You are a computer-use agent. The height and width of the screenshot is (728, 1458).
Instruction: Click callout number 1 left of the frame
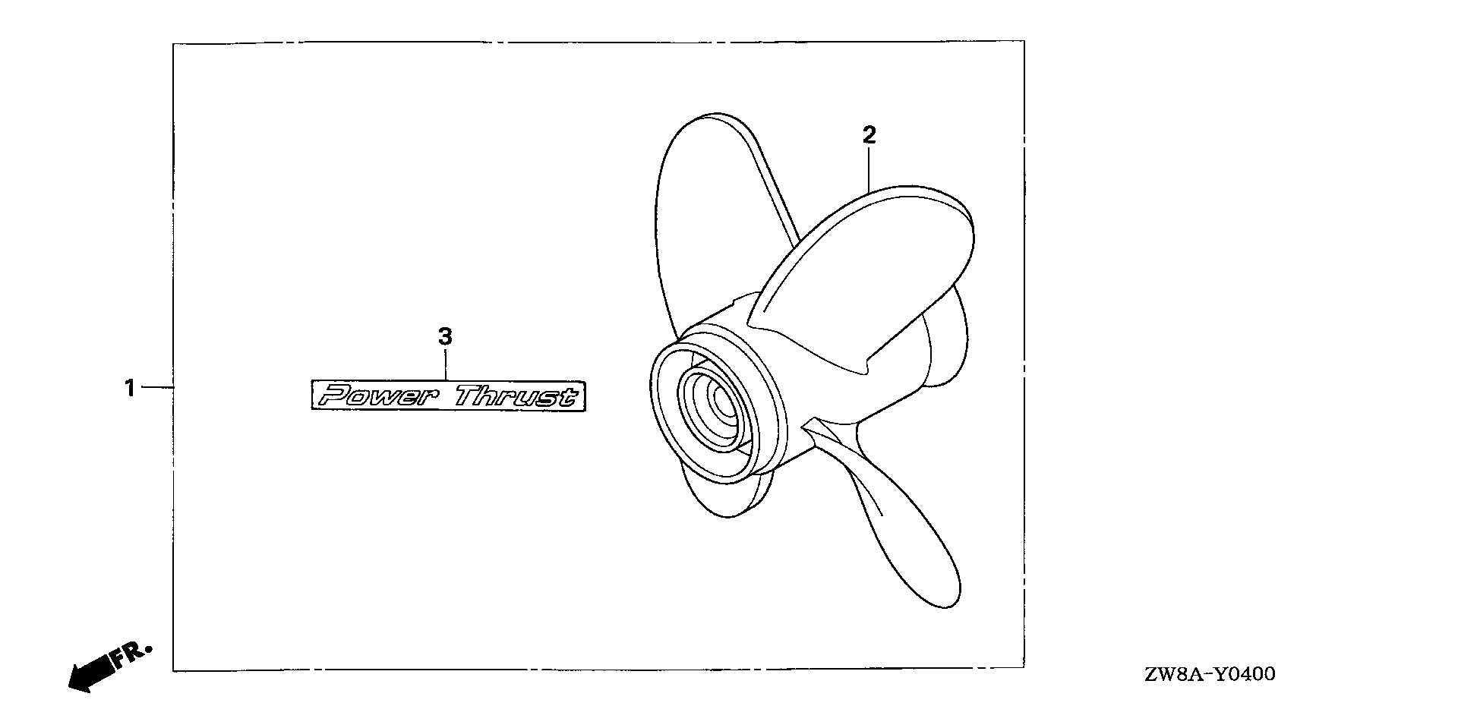[130, 389]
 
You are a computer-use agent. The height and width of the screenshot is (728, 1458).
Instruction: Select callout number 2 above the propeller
[869, 136]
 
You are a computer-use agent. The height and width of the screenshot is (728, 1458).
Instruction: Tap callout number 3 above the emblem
[446, 336]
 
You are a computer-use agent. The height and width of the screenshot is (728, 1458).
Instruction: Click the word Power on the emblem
[374, 396]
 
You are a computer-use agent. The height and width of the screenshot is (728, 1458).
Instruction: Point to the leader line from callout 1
[157, 388]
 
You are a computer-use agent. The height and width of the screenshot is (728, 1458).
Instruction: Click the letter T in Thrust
[469, 396]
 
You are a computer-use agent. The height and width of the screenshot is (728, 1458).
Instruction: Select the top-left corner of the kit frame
[173, 43]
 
